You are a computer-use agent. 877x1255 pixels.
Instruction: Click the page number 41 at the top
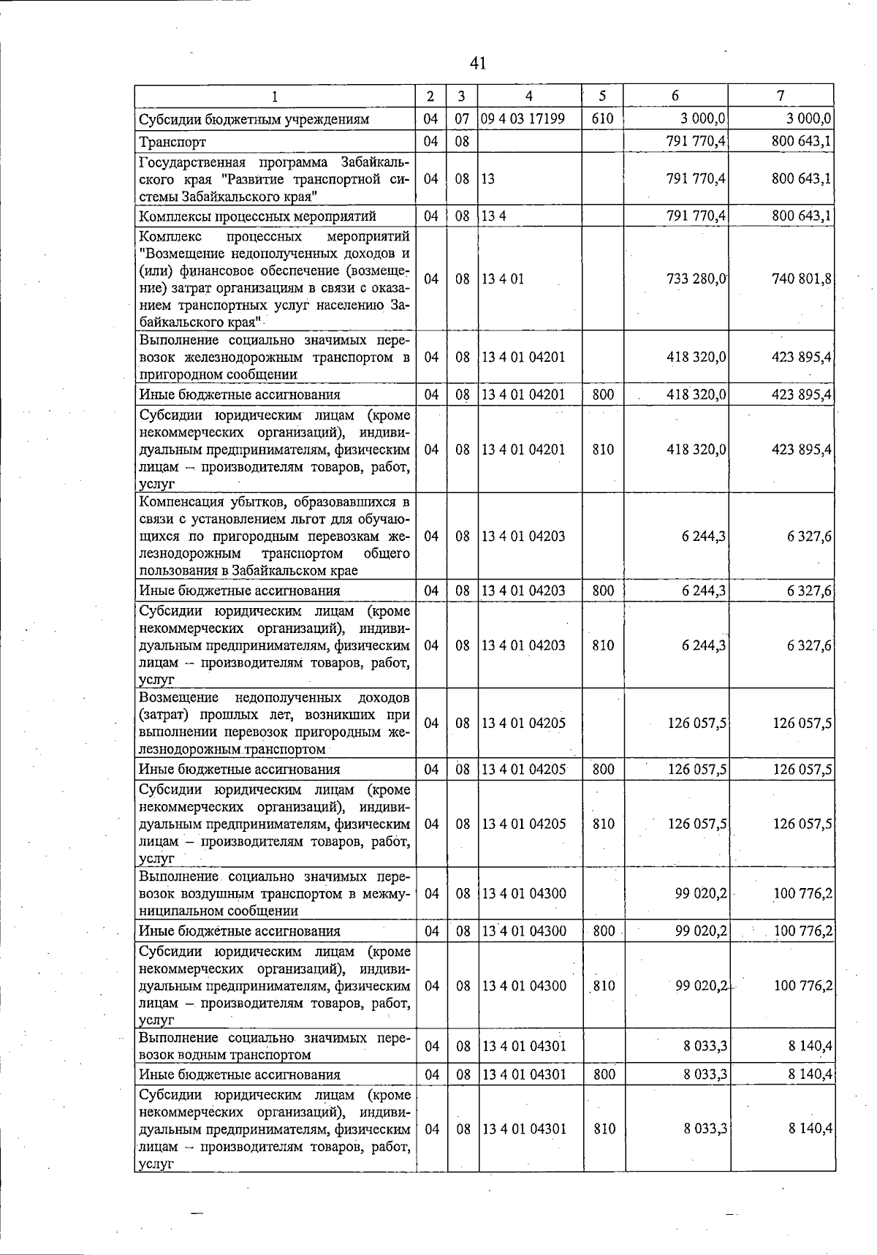(x=478, y=64)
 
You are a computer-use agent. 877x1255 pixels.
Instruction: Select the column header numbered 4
(x=528, y=96)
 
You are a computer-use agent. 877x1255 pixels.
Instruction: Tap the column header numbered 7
(x=781, y=96)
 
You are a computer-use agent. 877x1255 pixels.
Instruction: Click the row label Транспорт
(x=172, y=142)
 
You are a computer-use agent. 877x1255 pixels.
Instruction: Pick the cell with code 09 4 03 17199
(x=523, y=118)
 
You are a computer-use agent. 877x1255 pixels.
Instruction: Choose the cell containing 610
(x=602, y=118)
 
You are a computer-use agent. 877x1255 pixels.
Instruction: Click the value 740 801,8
(x=802, y=278)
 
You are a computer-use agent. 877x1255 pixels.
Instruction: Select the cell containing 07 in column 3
(x=462, y=118)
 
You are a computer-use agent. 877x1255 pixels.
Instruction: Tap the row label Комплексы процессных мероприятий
(x=257, y=216)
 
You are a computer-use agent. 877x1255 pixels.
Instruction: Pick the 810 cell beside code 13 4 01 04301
(x=604, y=1129)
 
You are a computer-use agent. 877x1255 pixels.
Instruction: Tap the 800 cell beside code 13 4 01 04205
(x=603, y=769)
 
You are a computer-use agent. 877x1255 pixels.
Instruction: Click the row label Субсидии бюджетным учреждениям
(x=254, y=119)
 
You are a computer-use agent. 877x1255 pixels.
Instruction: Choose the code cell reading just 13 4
(x=493, y=216)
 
